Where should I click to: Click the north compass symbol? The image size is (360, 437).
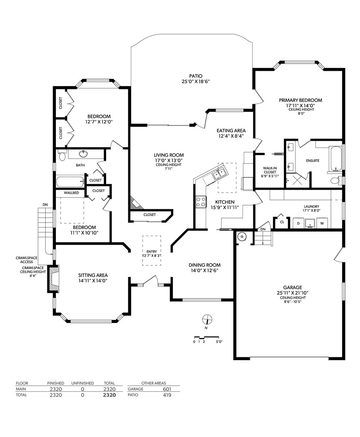tap(207, 319)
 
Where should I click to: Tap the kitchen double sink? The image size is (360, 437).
tap(220, 174)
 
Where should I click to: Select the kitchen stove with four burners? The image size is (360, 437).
tap(201, 202)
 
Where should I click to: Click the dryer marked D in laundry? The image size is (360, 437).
tap(298, 223)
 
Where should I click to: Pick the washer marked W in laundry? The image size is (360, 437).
tap(322, 223)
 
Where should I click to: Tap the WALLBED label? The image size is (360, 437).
tap(71, 193)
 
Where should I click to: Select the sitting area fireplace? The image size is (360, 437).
tap(53, 279)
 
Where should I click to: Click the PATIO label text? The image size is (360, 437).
tap(196, 76)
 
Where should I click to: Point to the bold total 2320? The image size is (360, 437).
tap(109, 395)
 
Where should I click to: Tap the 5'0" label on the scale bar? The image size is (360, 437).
tap(219, 342)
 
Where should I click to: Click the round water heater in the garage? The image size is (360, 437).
tap(242, 237)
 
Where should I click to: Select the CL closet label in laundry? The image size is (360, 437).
tap(282, 222)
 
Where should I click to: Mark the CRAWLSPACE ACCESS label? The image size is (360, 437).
tap(26, 260)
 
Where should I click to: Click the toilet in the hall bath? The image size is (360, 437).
tap(62, 156)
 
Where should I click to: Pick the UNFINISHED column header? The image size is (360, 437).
tap(83, 383)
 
